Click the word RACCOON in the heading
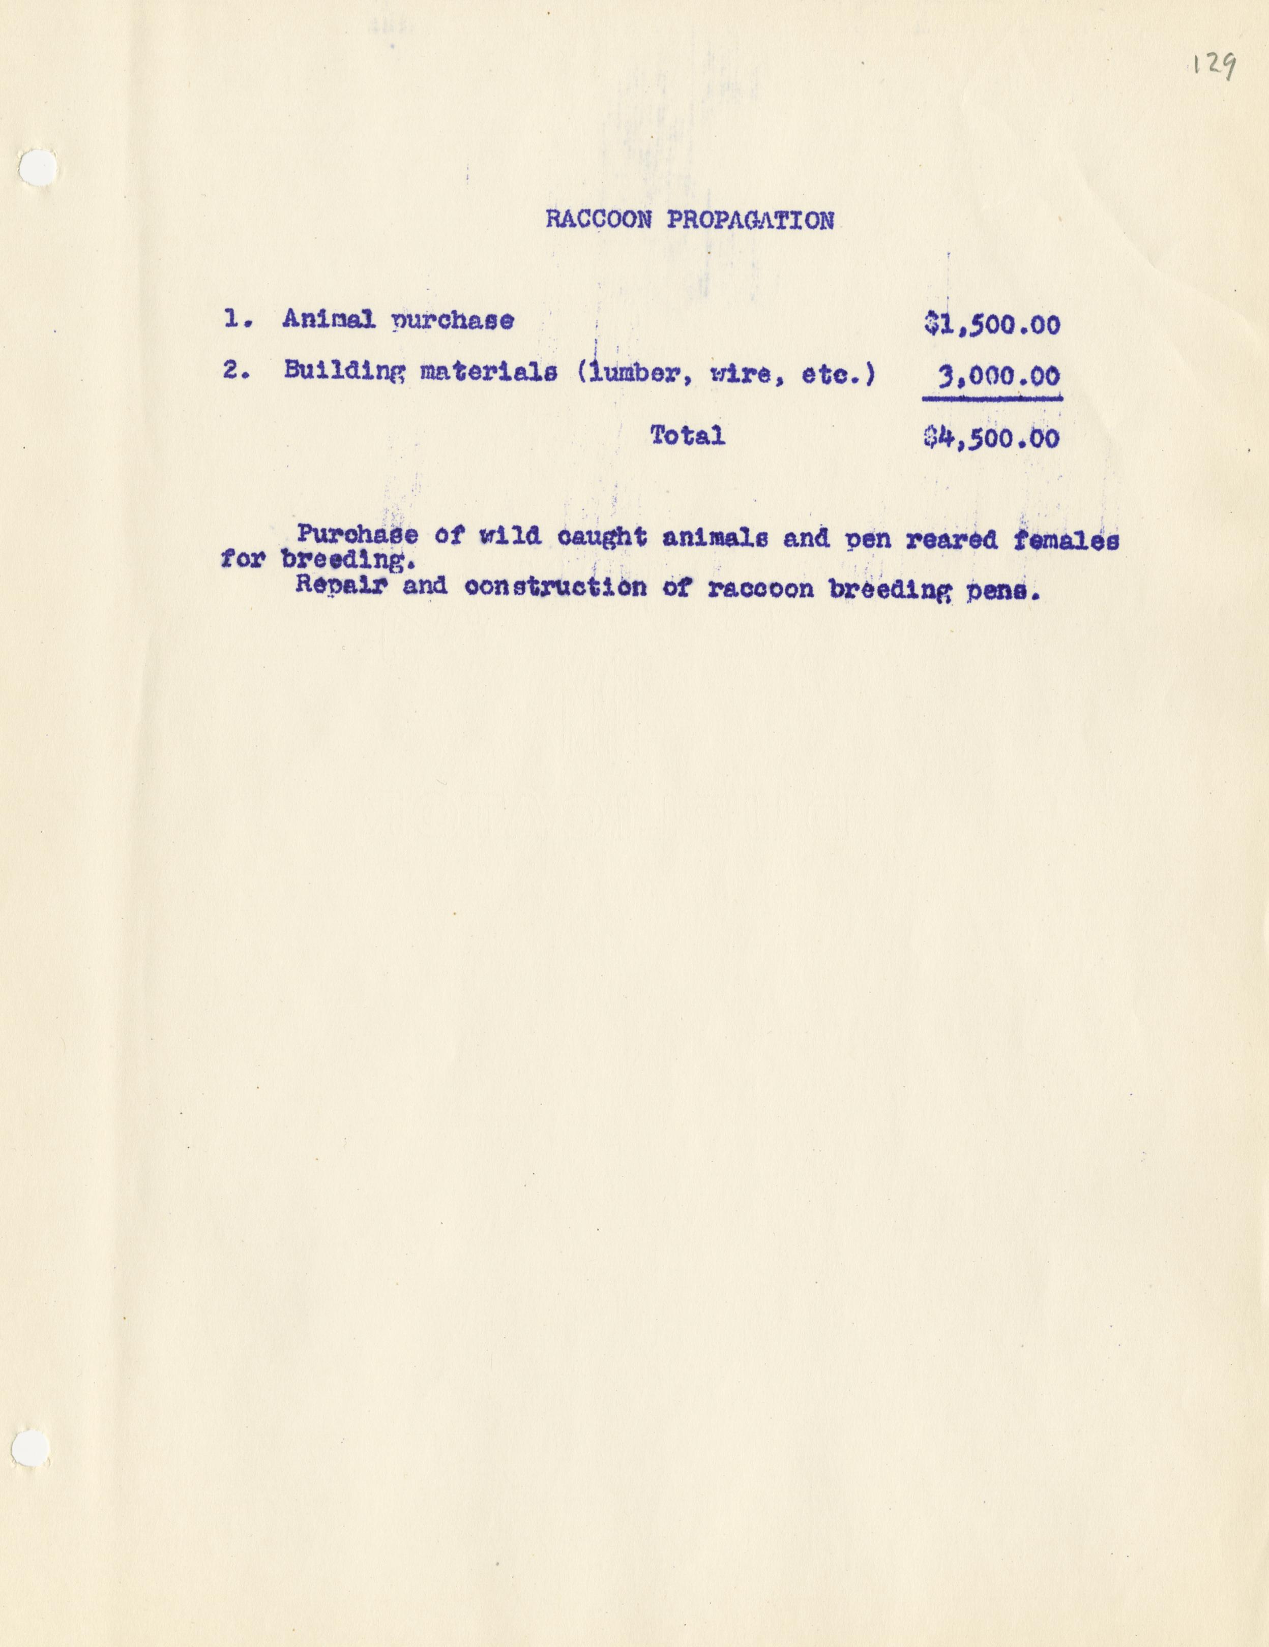598,220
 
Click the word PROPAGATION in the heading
751,220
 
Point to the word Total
687,435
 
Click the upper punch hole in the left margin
37,167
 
